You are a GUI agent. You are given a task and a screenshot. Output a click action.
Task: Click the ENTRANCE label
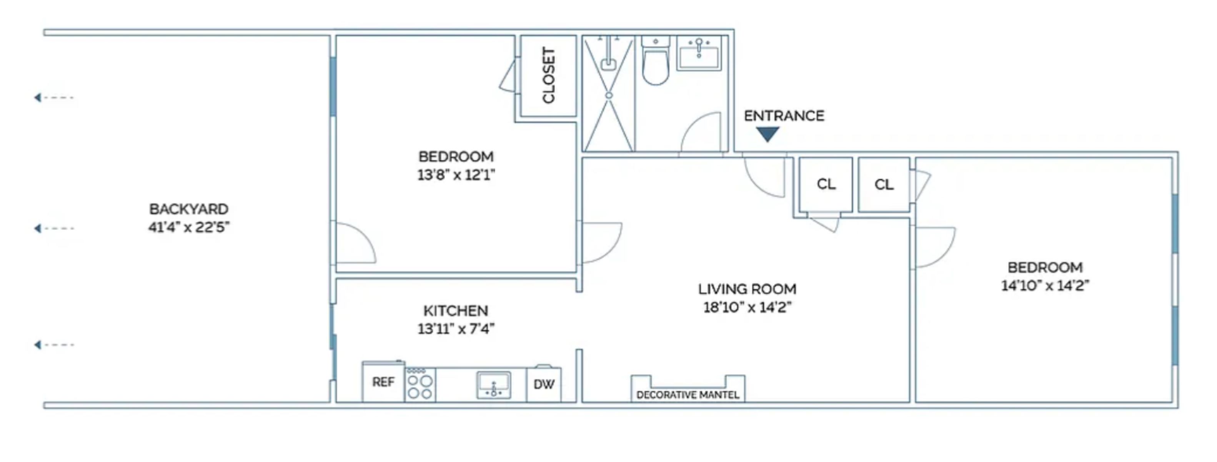coord(784,116)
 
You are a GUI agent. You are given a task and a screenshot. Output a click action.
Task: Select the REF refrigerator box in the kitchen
coord(383,382)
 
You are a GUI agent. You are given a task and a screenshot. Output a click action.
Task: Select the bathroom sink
coord(699,53)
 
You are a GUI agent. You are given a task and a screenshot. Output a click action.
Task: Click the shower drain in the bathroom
coord(609,95)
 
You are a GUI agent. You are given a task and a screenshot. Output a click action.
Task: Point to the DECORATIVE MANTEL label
coord(688,395)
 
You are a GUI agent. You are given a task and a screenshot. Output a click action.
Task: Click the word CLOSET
coord(548,75)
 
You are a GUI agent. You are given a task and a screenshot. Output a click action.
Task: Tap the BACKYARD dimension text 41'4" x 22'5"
coord(189,228)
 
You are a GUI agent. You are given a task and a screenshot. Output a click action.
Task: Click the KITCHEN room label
coord(455,311)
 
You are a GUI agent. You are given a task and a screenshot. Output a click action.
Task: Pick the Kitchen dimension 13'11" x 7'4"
coord(456,329)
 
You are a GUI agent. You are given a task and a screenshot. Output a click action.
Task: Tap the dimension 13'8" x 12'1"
coord(456,175)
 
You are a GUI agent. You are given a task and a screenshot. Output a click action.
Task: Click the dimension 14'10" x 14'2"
coord(1045,286)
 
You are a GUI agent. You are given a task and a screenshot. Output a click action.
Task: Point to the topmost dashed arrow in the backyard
coord(54,98)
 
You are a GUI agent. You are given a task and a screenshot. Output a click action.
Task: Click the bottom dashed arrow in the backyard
coord(54,345)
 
